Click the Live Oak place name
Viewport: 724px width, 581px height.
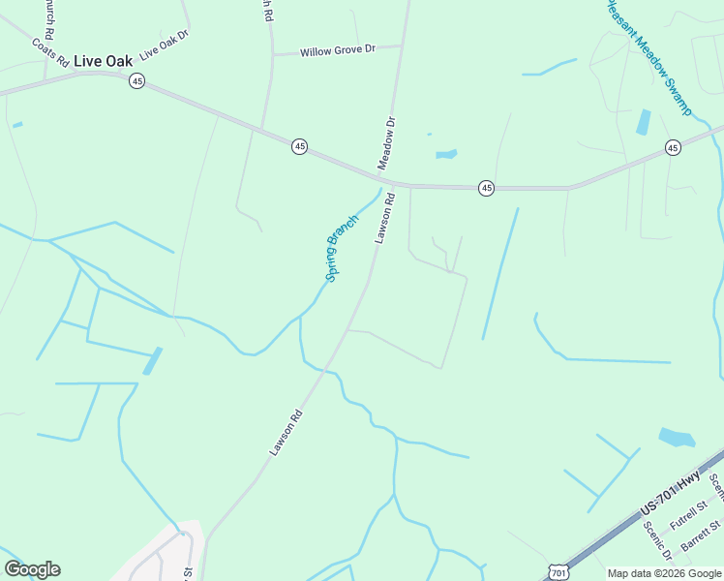coord(103,60)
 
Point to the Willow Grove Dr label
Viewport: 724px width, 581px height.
coord(336,50)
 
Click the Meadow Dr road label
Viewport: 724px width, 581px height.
coord(387,143)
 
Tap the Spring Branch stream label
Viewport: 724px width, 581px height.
coord(342,248)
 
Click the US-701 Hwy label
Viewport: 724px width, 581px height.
coord(669,495)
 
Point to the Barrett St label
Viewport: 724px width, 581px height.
coord(701,537)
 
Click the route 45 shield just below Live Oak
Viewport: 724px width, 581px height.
coord(136,82)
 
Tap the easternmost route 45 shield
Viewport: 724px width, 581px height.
coord(673,147)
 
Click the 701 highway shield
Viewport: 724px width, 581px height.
coord(558,573)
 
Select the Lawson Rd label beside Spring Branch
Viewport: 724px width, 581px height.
coord(384,218)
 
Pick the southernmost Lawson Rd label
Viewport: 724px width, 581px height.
coord(287,432)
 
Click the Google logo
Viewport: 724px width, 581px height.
coord(32,569)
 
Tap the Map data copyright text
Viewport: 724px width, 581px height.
coord(664,573)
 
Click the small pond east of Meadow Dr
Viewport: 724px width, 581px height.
coord(446,153)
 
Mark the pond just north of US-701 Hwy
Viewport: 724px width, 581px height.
coord(677,438)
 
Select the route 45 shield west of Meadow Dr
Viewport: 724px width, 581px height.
coord(300,146)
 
